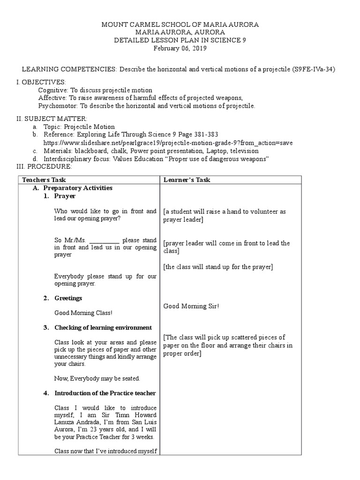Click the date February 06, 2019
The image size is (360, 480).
[180, 48]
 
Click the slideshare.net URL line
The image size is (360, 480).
[171, 142]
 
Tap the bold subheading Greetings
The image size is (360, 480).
[68, 298]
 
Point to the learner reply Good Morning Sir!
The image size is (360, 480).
[191, 306]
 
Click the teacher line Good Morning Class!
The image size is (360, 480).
[83, 313]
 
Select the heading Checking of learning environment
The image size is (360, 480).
[103, 327]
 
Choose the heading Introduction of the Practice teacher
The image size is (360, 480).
[105, 393]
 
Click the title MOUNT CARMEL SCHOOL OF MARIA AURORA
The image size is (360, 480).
[180, 24]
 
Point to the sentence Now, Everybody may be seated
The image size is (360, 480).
[97, 378]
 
